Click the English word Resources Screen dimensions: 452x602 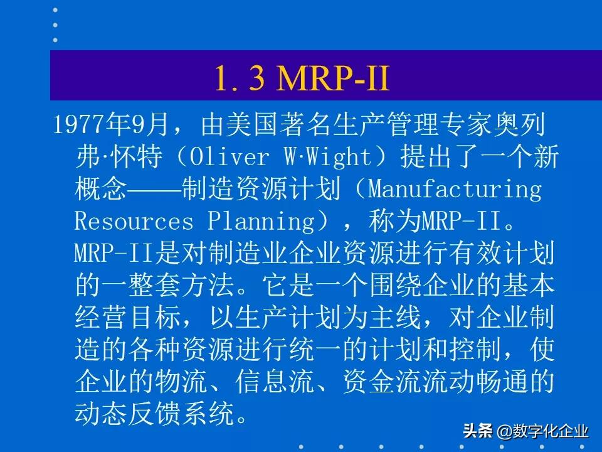[134, 222]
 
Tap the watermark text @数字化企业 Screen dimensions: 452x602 [542, 433]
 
